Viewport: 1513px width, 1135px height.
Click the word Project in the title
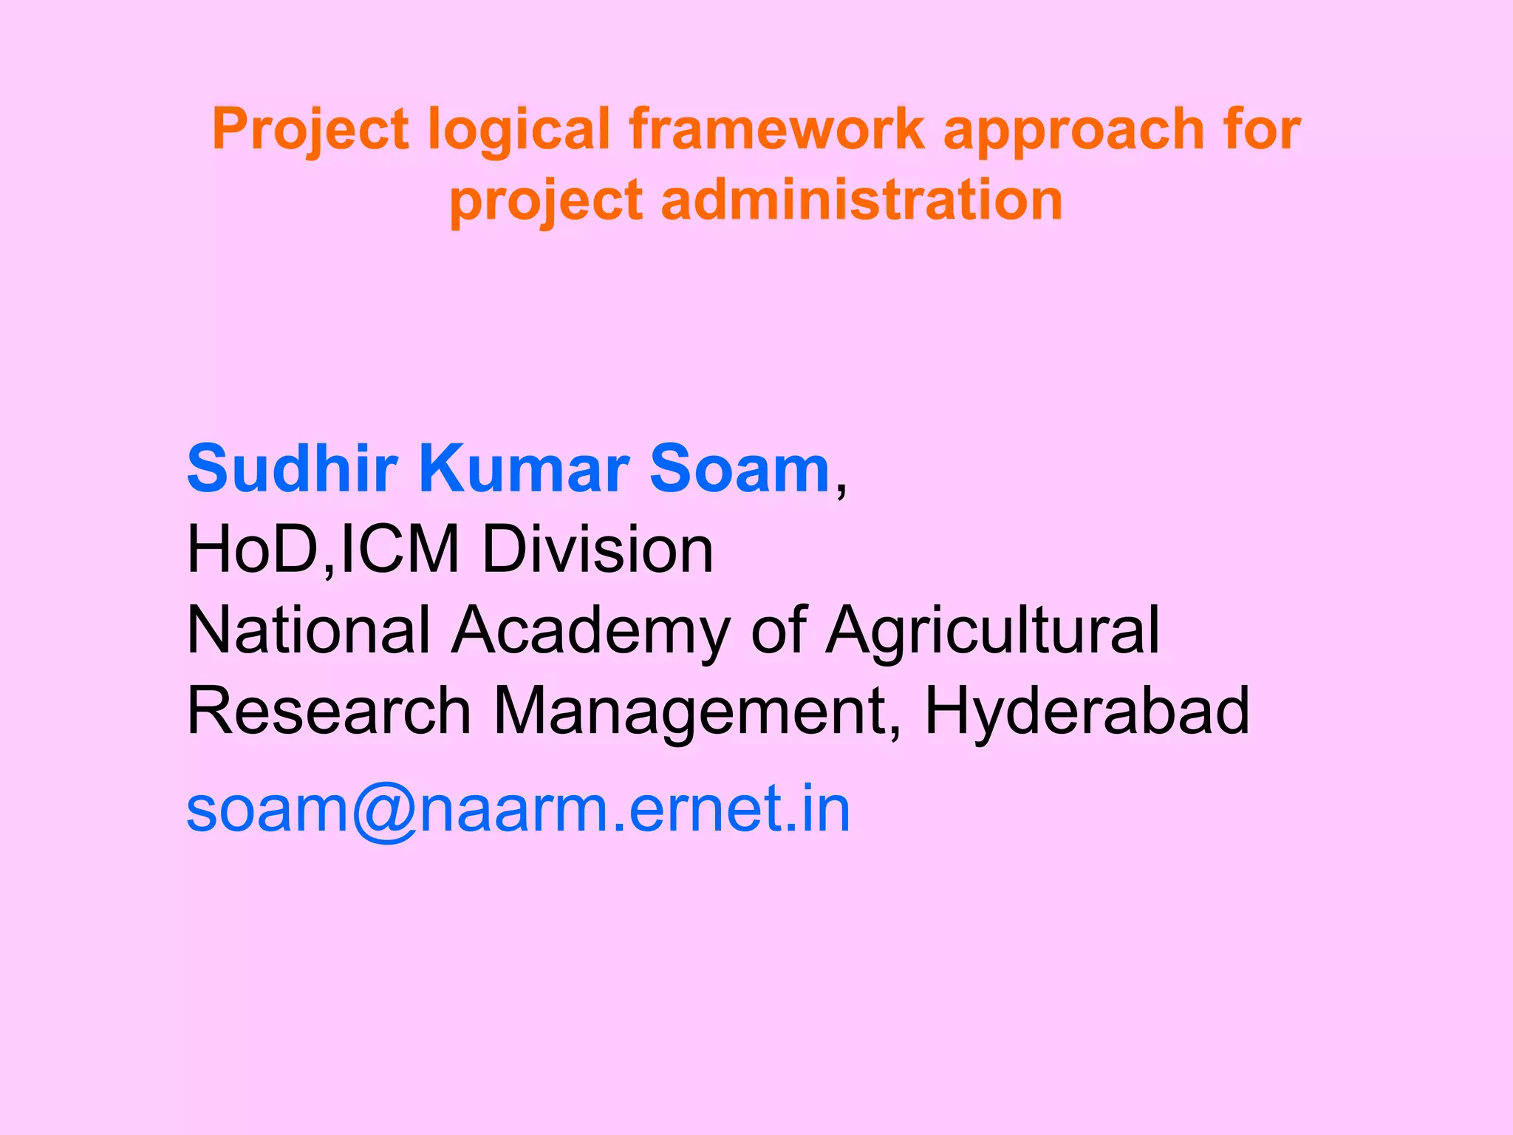click(x=310, y=130)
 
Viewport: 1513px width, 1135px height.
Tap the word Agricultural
click(x=992, y=633)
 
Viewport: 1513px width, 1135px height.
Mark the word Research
click(x=329, y=710)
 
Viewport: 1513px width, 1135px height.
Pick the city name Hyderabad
click(x=1087, y=712)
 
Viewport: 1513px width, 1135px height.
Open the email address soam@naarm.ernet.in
click(x=518, y=809)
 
